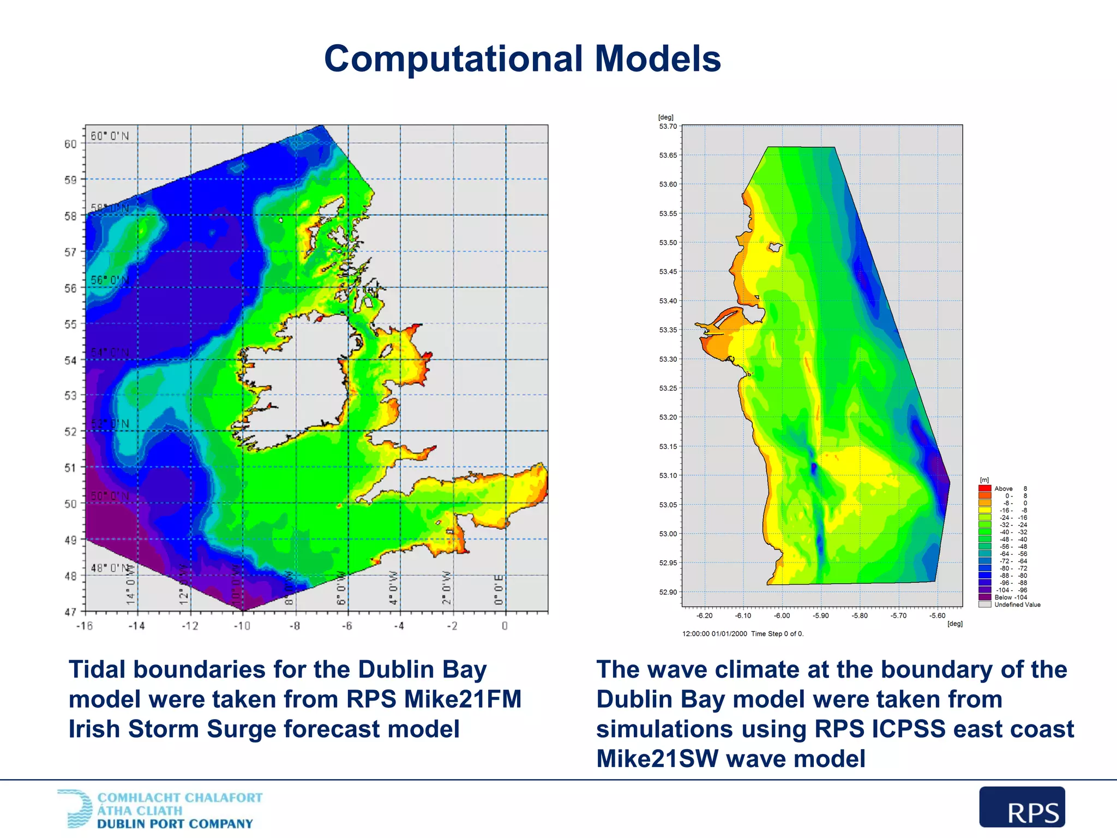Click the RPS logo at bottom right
tap(1022, 807)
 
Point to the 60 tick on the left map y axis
tap(70, 144)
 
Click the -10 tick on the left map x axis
tap(242, 626)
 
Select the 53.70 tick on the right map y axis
tap(668, 127)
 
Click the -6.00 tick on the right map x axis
tap(782, 616)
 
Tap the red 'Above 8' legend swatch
tap(984, 489)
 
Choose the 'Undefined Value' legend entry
tap(1017, 604)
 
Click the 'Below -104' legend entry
tap(1010, 597)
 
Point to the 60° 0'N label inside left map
tap(110, 136)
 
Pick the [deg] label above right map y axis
tap(665, 117)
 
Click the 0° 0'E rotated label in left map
tap(499, 589)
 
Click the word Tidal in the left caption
tap(97, 670)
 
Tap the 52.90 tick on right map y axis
tap(668, 592)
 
